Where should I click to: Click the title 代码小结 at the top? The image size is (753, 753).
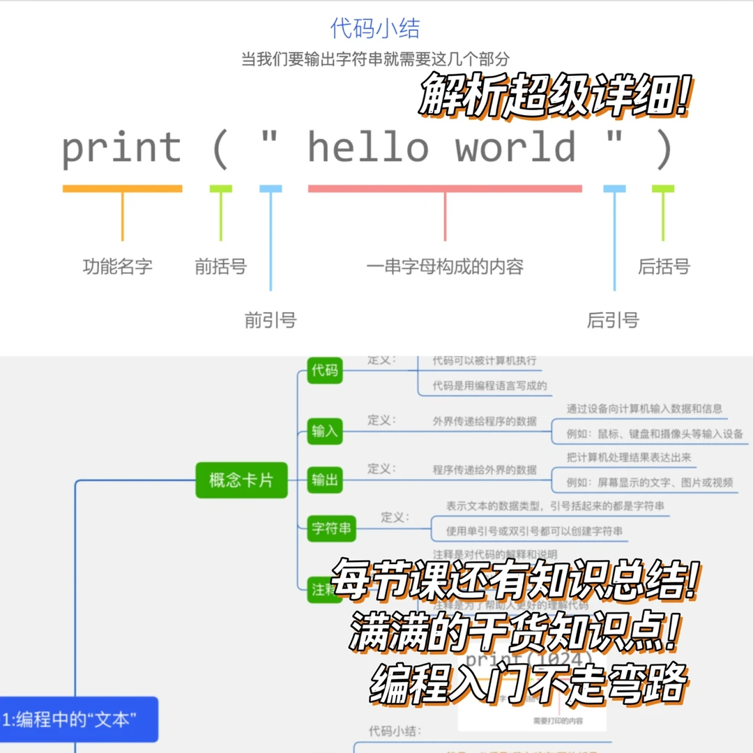tap(375, 29)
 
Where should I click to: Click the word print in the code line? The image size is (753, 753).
tap(122, 148)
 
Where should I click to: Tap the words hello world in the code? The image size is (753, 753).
tap(443, 148)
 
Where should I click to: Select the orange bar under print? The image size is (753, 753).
tap(122, 188)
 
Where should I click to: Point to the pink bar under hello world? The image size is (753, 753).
tap(445, 188)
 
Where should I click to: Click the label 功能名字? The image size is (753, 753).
tap(117, 266)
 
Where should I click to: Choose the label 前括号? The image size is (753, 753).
tap(220, 266)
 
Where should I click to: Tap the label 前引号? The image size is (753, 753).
tap(270, 320)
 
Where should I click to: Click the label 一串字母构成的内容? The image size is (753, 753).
tap(445, 266)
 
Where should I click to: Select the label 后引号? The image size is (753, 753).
tap(613, 320)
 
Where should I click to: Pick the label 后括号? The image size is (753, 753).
tap(663, 266)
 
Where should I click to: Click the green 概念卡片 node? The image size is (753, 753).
tap(241, 480)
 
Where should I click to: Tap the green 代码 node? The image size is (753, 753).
tap(325, 370)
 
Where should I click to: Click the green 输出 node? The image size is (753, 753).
tap(325, 480)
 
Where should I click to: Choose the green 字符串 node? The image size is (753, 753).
tap(331, 529)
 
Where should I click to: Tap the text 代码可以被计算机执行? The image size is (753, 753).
tap(485, 360)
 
